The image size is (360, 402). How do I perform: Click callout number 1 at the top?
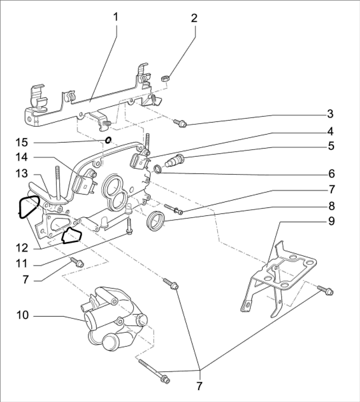coord(115,17)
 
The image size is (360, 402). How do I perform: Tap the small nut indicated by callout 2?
coord(165,78)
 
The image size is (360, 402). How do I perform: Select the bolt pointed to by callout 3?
coord(180,123)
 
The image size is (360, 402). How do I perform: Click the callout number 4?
coord(331,131)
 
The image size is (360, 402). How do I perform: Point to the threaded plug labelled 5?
coord(175,160)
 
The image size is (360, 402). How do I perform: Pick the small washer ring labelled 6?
coord(158,169)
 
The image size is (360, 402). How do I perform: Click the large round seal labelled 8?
coord(155,220)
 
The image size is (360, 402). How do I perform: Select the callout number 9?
coord(331,221)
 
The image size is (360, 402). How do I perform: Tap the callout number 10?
coord(22,315)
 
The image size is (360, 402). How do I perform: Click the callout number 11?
coord(21,263)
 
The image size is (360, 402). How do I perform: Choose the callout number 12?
coord(22,248)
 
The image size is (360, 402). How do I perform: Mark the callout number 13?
coord(22,173)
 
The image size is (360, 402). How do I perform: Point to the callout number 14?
coord(22,157)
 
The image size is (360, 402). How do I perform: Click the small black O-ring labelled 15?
coord(108,140)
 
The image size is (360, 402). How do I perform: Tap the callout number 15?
coord(22,142)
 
